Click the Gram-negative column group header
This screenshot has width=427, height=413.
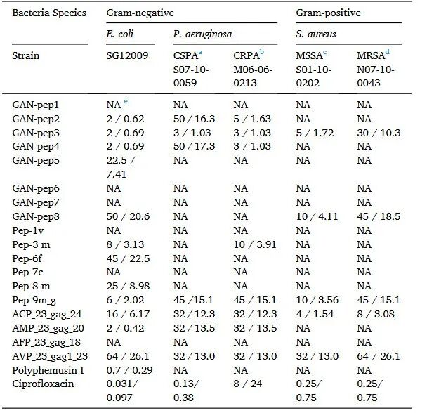140,13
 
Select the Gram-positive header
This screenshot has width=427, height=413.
328,13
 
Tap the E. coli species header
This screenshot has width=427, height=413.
120,34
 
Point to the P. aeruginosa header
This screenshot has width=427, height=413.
202,34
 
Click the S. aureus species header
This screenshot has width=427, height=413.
316,34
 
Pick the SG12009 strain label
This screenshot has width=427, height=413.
127,55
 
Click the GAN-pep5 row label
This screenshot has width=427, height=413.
36,160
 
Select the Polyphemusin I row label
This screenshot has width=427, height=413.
48,370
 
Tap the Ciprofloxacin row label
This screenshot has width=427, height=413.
43,383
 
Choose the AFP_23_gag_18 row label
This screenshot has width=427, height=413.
46,342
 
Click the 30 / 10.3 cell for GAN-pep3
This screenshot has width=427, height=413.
379,133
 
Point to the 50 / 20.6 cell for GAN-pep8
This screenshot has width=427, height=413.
128,216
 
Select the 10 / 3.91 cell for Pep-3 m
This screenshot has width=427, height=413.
255,244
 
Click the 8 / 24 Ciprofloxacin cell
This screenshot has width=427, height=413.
247,383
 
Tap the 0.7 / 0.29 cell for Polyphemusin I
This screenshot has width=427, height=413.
129,370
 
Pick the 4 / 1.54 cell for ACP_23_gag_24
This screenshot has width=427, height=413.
315,314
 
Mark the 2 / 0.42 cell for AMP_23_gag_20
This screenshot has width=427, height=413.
125,328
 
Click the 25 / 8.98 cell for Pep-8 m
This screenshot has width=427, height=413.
128,286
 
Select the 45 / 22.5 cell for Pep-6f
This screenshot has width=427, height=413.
128,258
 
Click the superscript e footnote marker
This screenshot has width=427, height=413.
126,101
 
